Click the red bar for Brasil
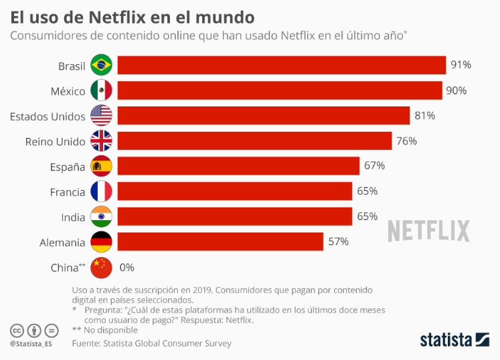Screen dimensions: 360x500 (281, 65)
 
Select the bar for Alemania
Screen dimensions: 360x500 (220, 242)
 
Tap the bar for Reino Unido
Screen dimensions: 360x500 (254, 141)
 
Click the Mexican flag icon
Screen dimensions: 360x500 (101, 90)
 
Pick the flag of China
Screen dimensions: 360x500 (101, 267)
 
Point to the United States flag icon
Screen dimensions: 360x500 (101, 116)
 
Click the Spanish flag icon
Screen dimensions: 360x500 (101, 166)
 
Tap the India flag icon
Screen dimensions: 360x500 (101, 217)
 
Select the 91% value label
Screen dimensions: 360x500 (461, 65)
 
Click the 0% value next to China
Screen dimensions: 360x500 (127, 267)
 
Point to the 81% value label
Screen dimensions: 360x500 (424, 116)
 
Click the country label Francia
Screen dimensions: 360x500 (68, 191)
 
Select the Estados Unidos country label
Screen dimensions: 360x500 (48, 116)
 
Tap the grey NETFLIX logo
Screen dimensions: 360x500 (429, 230)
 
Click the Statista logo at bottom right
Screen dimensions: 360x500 (454, 340)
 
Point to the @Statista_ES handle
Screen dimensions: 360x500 (31, 344)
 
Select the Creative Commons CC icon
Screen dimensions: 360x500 (17, 331)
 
